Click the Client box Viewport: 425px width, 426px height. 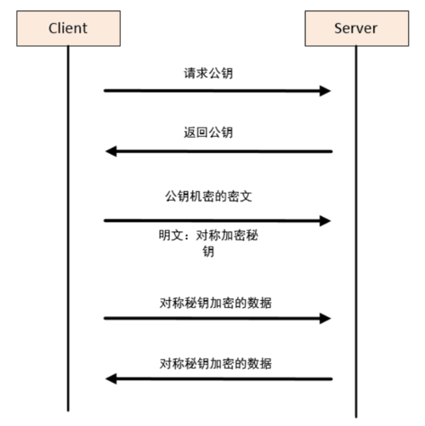point(67,28)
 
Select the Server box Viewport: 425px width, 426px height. point(355,28)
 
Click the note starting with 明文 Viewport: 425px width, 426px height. point(208,244)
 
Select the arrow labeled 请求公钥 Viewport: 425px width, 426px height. point(212,90)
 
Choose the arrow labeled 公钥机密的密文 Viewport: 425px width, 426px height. point(212,220)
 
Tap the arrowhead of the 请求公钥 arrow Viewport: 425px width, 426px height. point(326,90)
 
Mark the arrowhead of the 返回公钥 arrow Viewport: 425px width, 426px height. point(110,151)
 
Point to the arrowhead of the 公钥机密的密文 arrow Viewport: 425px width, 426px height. point(326,220)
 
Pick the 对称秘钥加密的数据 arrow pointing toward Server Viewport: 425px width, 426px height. point(212,318)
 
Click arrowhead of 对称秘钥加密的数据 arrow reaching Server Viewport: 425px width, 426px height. point(326,318)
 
